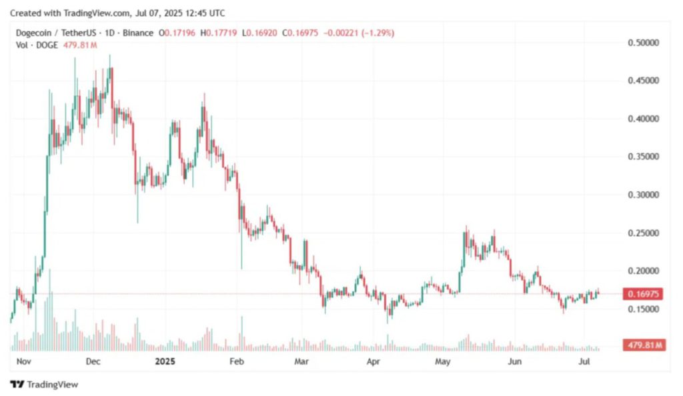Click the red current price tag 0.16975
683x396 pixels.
coord(642,294)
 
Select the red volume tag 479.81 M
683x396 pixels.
coord(642,345)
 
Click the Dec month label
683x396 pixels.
coord(93,361)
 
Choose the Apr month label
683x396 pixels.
coord(373,361)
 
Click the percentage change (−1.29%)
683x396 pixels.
coord(378,33)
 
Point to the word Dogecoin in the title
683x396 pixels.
coord(35,33)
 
